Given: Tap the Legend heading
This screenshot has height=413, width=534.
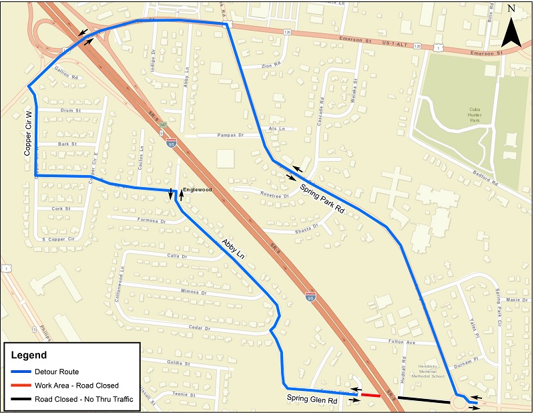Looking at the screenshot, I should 30,355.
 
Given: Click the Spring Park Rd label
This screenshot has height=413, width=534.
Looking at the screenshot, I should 321,198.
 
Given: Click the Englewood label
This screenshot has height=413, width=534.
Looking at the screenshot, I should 198,190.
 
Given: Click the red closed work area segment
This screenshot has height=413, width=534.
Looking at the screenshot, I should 370,395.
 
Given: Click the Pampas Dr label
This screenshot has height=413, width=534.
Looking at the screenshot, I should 229,135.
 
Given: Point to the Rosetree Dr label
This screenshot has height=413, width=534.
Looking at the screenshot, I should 276,195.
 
